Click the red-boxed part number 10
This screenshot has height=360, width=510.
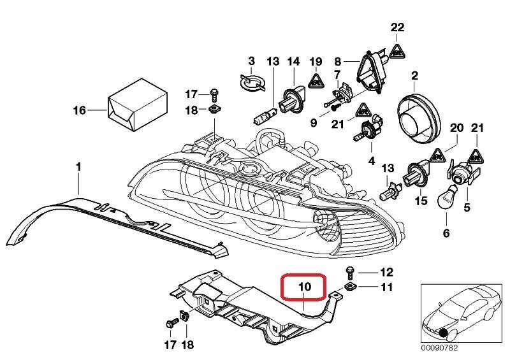click(304, 287)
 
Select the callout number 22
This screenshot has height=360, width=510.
click(398, 27)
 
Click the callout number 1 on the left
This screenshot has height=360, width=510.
click(78, 167)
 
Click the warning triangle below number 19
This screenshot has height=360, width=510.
click(315, 80)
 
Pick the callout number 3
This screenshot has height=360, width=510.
click(251, 61)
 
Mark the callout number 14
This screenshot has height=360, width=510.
click(293, 61)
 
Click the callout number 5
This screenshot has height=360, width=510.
click(467, 207)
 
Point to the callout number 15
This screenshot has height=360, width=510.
click(420, 201)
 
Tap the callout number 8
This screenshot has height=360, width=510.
click(339, 62)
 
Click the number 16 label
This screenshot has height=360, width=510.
click(78, 110)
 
